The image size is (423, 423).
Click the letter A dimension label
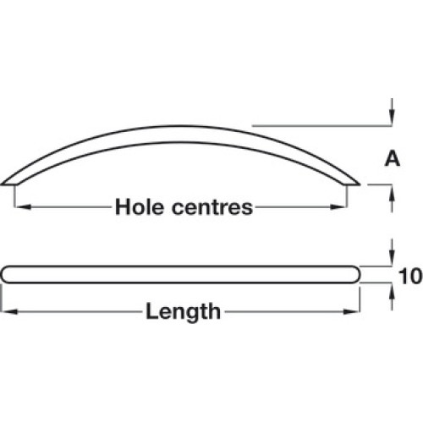[x=393, y=159]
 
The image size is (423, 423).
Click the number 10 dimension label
[x=410, y=276]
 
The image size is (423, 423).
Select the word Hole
[x=140, y=207]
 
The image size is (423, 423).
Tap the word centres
[x=212, y=208]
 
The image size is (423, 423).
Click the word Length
[x=183, y=311]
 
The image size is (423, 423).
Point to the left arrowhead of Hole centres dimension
[x=23, y=207]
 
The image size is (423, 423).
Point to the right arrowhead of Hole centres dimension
[x=338, y=207]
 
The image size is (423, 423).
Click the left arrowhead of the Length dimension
[x=9, y=311]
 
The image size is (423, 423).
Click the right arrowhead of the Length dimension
[x=351, y=311]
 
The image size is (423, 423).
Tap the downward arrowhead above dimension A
[x=392, y=117]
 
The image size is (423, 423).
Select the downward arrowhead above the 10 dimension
[x=392, y=257]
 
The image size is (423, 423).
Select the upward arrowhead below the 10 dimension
[x=392, y=291]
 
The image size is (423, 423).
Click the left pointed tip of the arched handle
[x=2, y=185]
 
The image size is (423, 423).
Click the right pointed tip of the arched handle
[x=360, y=185]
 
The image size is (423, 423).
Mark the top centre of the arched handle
[x=180, y=126]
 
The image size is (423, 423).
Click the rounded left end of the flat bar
[x=3, y=274]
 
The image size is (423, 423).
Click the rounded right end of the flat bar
[x=358, y=274]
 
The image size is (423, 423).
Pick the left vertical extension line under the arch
[x=14, y=196]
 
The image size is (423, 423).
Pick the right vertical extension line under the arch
[x=347, y=196]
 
